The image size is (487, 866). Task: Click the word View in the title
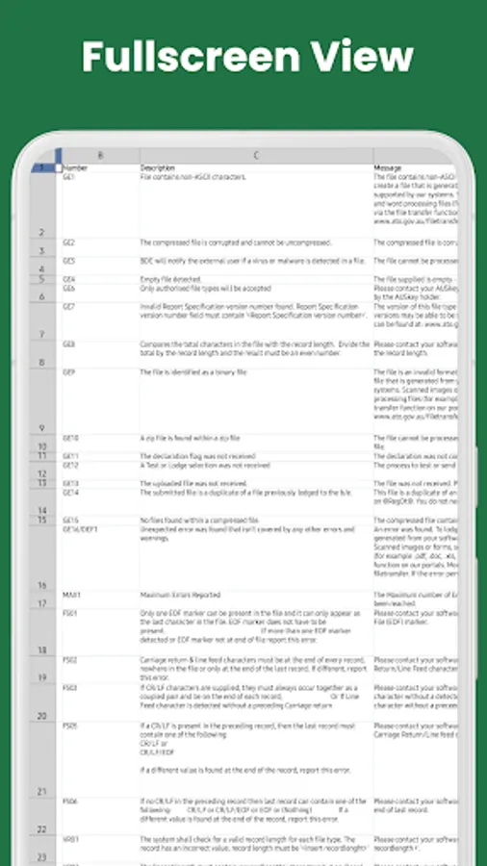click(361, 57)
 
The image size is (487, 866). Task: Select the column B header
click(100, 155)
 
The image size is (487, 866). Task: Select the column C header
click(256, 155)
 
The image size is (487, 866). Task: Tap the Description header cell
click(158, 167)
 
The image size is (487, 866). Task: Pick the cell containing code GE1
click(69, 177)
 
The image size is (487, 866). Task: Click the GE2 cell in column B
click(69, 243)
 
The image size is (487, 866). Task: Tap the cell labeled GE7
click(69, 306)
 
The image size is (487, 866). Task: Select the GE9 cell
click(69, 371)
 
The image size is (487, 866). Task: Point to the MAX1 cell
click(71, 594)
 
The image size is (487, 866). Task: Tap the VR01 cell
click(70, 839)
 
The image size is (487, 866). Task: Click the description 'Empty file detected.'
click(172, 279)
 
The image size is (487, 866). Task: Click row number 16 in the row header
click(41, 585)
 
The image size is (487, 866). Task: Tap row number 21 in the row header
click(41, 791)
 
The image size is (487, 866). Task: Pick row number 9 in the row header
click(41, 427)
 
